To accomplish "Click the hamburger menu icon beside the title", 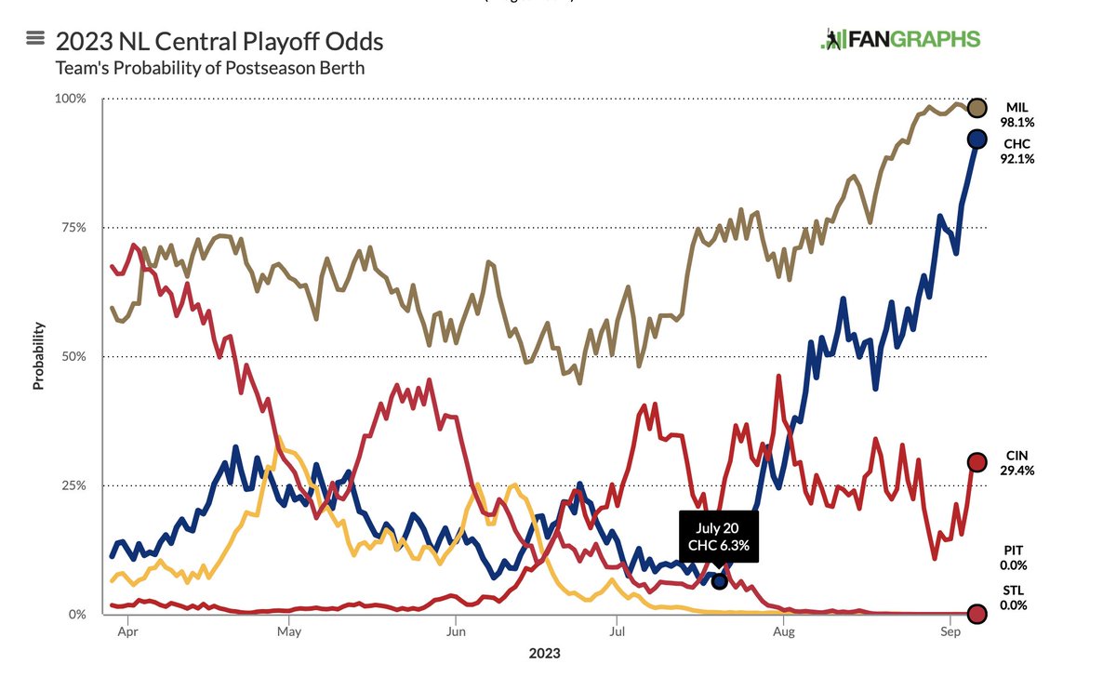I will [x=36, y=39].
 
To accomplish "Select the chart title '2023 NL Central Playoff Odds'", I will [x=219, y=42].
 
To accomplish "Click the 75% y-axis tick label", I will [x=74, y=228].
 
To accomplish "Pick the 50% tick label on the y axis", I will [x=74, y=356].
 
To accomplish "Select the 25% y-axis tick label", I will [x=74, y=485].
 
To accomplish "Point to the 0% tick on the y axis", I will [x=78, y=614].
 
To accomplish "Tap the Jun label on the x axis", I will [x=455, y=631].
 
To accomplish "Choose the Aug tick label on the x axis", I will [x=784, y=631].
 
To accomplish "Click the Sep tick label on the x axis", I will [x=949, y=631].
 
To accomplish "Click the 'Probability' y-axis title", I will [x=39, y=355].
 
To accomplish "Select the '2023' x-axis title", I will [x=545, y=653].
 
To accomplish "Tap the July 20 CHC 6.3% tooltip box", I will [x=719, y=537].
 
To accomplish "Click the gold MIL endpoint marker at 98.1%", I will [x=977, y=109].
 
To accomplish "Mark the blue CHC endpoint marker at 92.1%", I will [x=977, y=139].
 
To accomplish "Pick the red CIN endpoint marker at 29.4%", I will [x=977, y=462].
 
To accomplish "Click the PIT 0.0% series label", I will [x=1014, y=558].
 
